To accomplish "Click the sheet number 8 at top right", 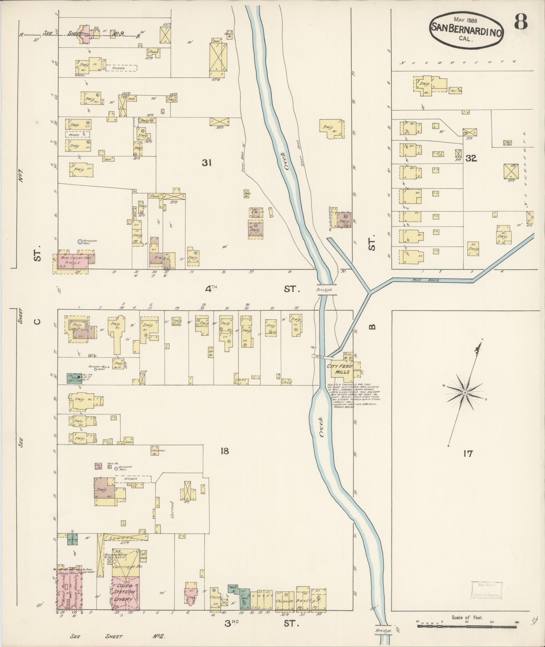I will tap(521, 23).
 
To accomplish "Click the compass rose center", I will tap(465, 392).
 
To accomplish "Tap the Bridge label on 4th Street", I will tap(324, 290).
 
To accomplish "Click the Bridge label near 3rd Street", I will tap(383, 631).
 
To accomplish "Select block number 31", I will tap(206, 163).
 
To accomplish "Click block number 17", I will tap(468, 454).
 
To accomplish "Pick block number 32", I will tap(471, 158).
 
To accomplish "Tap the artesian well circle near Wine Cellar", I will tap(80, 241).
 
